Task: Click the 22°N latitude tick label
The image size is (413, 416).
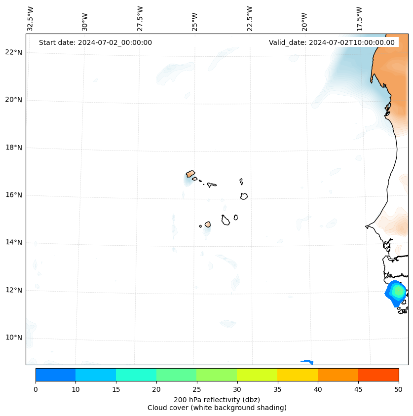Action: point(14,52)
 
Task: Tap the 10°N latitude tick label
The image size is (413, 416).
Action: point(14,338)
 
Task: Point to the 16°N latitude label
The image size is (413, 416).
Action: point(14,195)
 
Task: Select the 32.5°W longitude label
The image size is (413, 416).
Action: point(31,19)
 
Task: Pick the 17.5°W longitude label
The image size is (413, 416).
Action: point(360,19)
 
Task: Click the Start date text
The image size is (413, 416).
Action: point(95,42)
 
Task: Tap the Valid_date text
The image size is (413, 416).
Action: point(332,42)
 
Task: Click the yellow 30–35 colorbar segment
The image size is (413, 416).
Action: point(257,375)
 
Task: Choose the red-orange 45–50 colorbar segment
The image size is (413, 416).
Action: point(378,375)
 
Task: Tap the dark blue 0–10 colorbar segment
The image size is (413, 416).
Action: point(55,375)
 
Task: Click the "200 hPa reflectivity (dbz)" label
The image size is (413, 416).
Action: point(217,399)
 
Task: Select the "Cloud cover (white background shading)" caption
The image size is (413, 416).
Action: point(217,408)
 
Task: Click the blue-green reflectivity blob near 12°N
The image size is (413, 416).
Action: point(397,292)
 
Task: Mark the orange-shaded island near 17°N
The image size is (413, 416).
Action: point(190,174)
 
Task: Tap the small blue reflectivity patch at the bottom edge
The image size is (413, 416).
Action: point(307,362)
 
